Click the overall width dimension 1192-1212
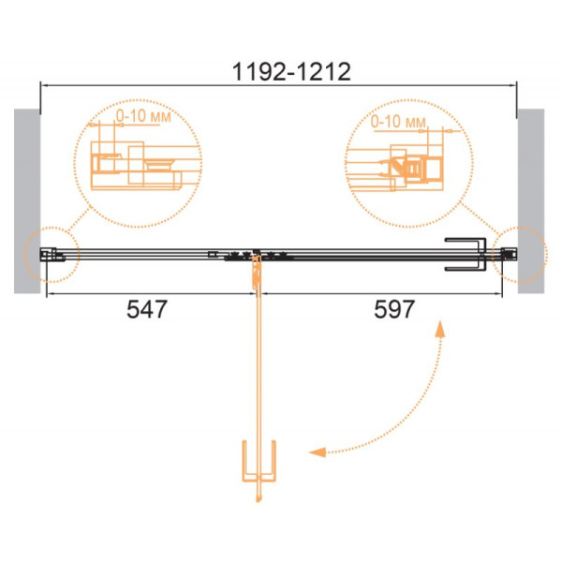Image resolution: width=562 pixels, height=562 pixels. (291, 72)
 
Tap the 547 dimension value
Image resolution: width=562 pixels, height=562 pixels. (147, 309)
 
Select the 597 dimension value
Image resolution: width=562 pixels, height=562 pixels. (394, 309)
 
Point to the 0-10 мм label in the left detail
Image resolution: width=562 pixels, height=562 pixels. (143, 116)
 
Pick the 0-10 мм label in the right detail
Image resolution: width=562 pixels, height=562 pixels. (398, 122)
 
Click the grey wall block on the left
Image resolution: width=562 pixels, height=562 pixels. (27, 201)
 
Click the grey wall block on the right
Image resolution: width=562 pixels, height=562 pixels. (531, 201)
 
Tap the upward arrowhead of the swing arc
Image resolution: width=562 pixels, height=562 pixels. (440, 329)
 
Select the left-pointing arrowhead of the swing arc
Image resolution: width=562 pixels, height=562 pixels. (318, 452)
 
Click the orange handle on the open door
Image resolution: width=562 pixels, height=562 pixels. (259, 462)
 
